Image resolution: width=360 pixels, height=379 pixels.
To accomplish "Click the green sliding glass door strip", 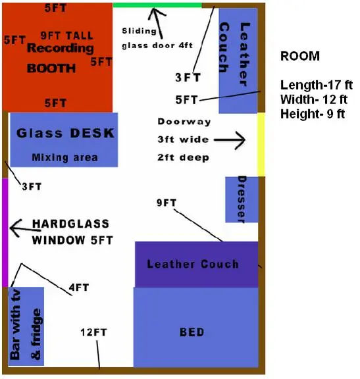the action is click(x=157, y=5).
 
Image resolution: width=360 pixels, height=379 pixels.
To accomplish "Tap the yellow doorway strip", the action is click(x=261, y=145).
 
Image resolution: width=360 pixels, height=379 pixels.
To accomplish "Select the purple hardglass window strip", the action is click(x=5, y=232).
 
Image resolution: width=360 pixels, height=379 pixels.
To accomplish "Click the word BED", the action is click(x=192, y=332).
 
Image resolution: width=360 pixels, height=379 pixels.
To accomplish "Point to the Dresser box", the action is click(x=242, y=199).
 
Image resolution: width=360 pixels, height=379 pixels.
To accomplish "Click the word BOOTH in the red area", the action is click(x=51, y=68).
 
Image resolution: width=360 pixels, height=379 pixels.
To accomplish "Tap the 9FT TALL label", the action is click(x=66, y=36).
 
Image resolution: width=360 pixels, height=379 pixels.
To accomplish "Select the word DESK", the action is click(x=92, y=133).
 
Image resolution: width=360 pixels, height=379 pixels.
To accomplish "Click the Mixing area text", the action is click(x=64, y=158).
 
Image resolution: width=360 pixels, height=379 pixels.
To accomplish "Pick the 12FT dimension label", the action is click(x=93, y=332).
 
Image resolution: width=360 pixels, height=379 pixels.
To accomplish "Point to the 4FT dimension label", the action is click(x=79, y=288).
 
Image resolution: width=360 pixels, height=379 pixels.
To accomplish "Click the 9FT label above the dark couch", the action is click(x=167, y=203).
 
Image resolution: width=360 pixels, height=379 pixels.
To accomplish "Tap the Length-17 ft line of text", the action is click(x=317, y=85).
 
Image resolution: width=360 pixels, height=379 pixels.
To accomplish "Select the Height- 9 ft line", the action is click(x=313, y=114).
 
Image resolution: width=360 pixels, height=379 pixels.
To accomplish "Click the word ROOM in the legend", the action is click(x=300, y=56).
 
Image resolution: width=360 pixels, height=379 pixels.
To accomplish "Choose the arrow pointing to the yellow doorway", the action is click(x=230, y=140).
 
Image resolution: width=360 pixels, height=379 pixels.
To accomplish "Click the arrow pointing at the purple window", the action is click(x=25, y=228).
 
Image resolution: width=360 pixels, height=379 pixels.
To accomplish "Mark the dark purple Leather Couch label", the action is click(x=193, y=264).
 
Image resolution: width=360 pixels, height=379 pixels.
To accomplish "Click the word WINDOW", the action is click(x=59, y=240).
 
